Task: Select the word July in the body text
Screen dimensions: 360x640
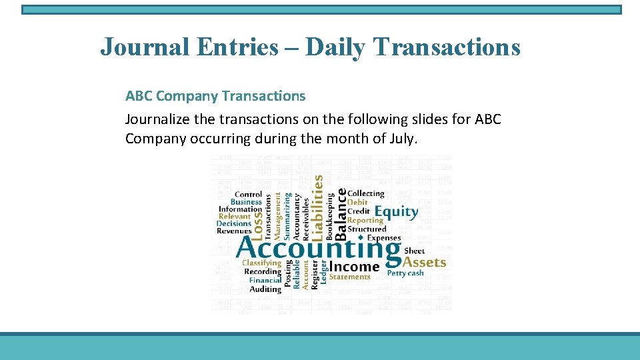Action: click(399, 139)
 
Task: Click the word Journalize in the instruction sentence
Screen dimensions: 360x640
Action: click(157, 119)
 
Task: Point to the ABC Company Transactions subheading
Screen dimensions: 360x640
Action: click(215, 96)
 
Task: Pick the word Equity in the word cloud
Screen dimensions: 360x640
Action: click(396, 212)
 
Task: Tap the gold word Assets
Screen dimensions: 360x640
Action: click(425, 262)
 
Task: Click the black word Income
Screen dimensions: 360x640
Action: click(354, 266)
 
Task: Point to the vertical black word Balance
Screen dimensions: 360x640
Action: click(341, 213)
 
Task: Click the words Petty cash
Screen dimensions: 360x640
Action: click(405, 273)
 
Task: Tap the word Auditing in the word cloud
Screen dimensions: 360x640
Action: click(265, 289)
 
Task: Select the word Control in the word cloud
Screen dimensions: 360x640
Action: click(249, 195)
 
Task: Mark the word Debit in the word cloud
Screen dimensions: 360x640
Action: click(357, 202)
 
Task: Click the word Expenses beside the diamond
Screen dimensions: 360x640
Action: click(384, 237)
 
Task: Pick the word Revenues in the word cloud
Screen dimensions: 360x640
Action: click(234, 231)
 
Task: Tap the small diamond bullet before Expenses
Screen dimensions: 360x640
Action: click(361, 237)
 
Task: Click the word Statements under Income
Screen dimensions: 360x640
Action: click(349, 277)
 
